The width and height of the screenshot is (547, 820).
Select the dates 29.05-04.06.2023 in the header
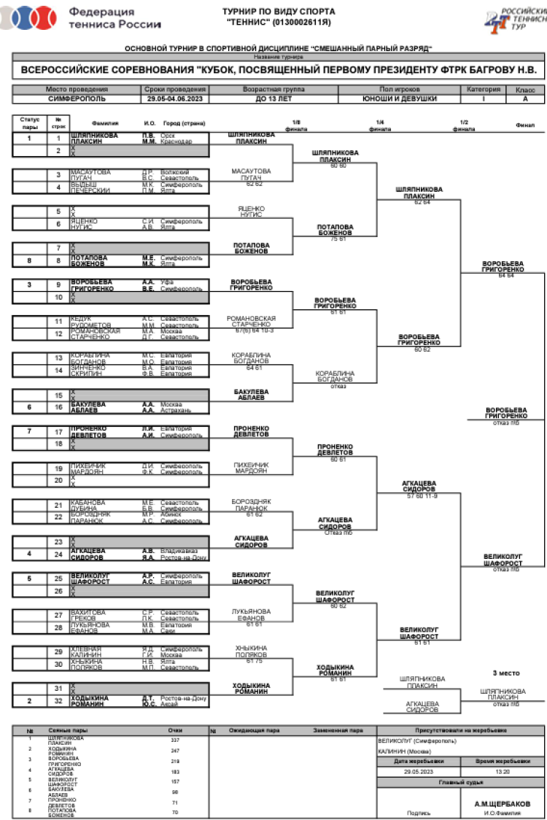pyautogui.click(x=176, y=98)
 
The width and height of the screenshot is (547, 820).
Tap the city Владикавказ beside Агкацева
pyautogui.click(x=178, y=551)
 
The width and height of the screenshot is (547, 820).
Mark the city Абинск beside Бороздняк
pyautogui.click(x=170, y=514)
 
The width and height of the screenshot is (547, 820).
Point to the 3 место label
pyautogui.click(x=505, y=673)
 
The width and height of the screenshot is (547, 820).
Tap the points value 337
pyautogui.click(x=175, y=740)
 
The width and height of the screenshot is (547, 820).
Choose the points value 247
pyautogui.click(x=175, y=750)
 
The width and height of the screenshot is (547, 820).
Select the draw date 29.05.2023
pyautogui.click(x=419, y=771)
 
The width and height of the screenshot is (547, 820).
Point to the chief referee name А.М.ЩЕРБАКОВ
pyautogui.click(x=502, y=803)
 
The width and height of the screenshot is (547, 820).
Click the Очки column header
pyautogui.click(x=175, y=730)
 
